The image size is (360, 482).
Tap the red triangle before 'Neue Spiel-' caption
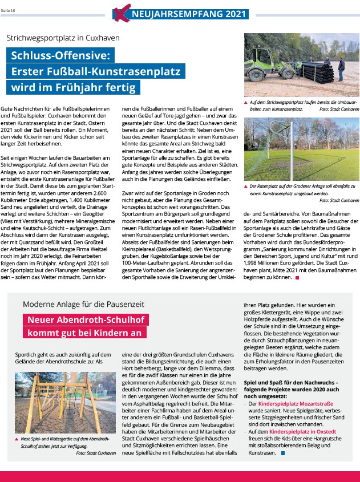pos(17,439)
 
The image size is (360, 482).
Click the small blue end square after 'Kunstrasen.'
pos(282,453)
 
